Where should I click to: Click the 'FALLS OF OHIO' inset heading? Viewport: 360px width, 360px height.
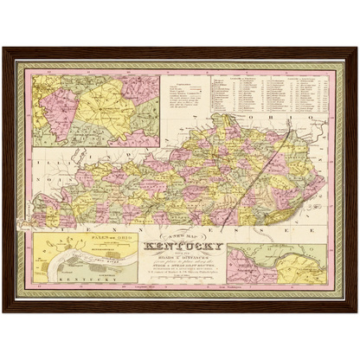[69, 230]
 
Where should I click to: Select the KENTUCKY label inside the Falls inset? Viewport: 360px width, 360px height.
[74, 280]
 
